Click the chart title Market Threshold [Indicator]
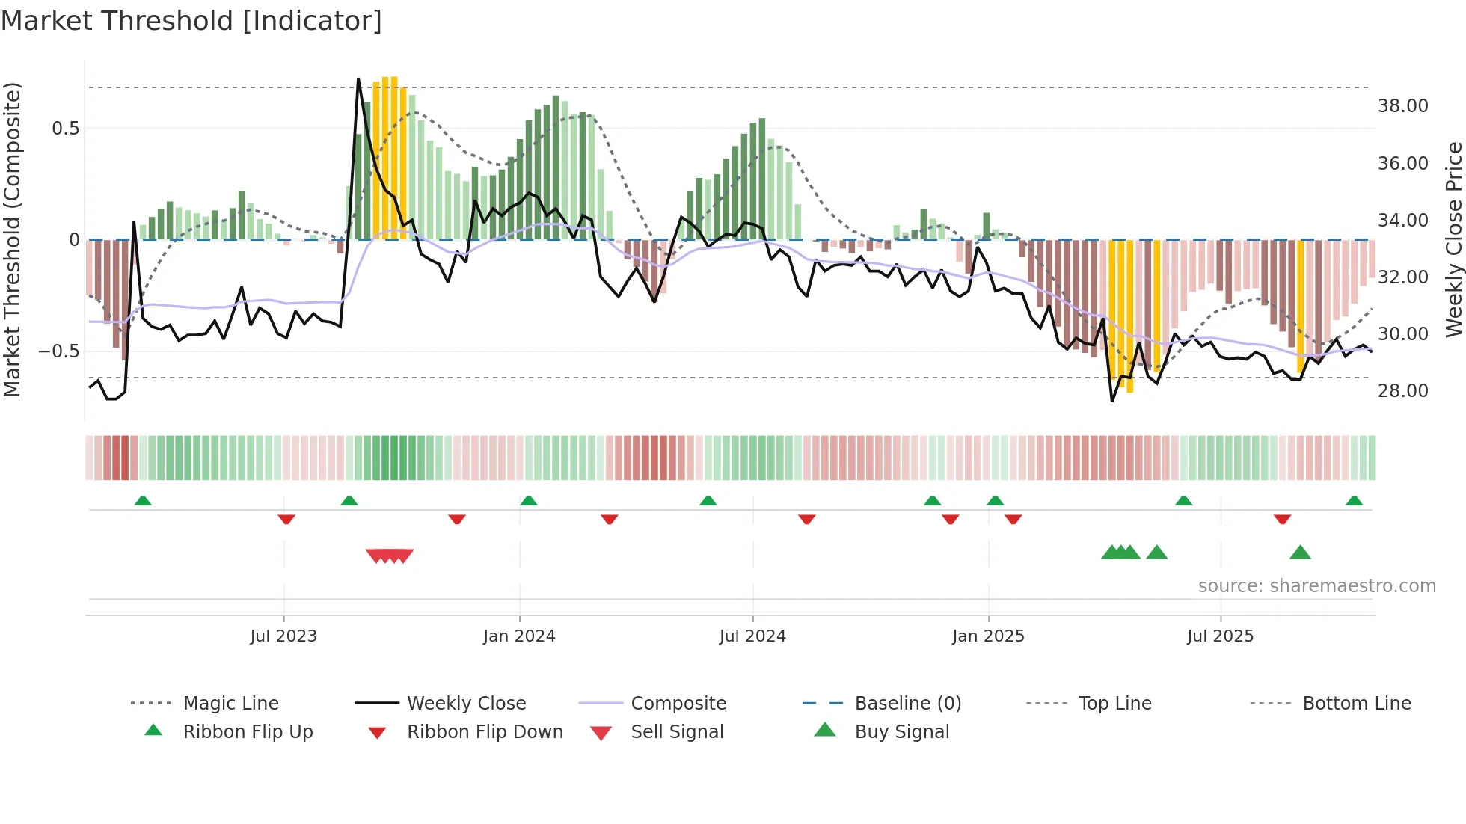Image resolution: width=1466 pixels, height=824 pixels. [x=191, y=21]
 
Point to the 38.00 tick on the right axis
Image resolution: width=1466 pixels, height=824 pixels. [x=1402, y=106]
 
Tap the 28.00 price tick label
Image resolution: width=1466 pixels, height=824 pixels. [x=1402, y=391]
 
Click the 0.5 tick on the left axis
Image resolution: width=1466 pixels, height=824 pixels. [x=65, y=129]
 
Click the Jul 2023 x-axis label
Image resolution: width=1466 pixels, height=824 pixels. [x=283, y=636]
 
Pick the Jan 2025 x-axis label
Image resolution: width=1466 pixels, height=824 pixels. [x=988, y=636]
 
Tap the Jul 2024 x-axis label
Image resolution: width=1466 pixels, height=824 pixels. [x=752, y=636]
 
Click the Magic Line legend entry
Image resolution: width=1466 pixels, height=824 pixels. [x=230, y=704]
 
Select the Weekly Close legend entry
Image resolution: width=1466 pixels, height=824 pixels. [x=466, y=704]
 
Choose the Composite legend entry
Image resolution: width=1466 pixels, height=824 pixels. [x=678, y=704]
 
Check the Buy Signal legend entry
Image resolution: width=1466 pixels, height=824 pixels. [x=901, y=732]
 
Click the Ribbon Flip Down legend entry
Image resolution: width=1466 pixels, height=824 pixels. [x=484, y=732]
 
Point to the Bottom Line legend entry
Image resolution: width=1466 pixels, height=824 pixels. [x=1356, y=704]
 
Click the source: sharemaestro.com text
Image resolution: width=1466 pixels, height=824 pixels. [x=1316, y=586]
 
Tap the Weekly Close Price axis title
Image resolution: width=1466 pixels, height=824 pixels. [x=1453, y=239]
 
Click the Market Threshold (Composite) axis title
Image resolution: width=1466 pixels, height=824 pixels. [x=12, y=239]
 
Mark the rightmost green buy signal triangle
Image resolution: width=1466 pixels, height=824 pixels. [x=1300, y=553]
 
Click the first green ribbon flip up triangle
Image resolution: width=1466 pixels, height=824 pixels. [x=143, y=501]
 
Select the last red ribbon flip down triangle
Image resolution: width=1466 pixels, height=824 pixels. [x=1282, y=519]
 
